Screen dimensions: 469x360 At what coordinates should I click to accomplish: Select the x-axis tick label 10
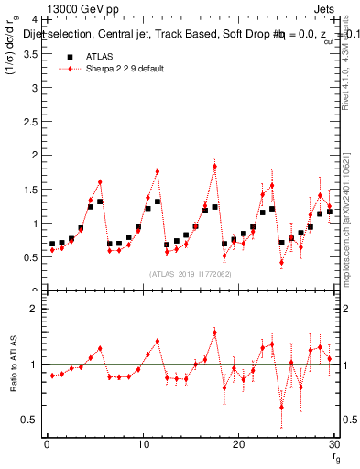pyautogui.click(x=142, y=445)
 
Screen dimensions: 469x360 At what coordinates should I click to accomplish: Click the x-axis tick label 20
pyautogui.click(x=238, y=445)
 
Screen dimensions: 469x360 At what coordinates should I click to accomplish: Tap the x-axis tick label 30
pyautogui.click(x=333, y=445)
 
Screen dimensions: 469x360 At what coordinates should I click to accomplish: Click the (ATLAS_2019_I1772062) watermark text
pyautogui.click(x=190, y=273)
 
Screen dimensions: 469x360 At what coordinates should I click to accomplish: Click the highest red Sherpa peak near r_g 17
pyautogui.click(x=214, y=166)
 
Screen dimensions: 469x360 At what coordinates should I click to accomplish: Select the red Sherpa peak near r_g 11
pyautogui.click(x=158, y=170)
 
